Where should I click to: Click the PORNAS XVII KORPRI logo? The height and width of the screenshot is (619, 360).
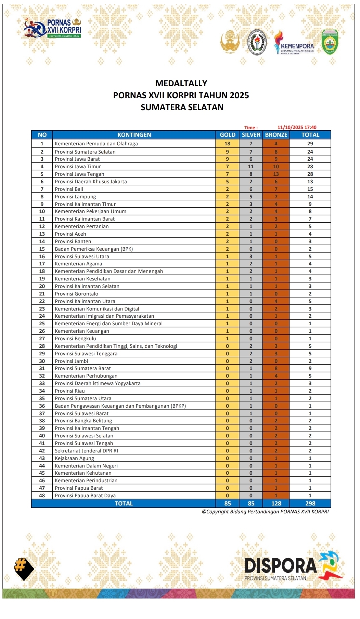[52, 28]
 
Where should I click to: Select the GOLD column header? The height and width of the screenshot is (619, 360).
[227, 135]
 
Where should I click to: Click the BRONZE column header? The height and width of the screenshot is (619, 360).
[276, 135]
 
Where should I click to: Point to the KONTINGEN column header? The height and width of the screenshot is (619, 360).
[134, 135]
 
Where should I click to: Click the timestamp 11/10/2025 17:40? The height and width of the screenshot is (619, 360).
[297, 128]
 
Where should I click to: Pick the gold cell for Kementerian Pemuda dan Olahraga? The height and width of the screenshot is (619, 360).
[227, 144]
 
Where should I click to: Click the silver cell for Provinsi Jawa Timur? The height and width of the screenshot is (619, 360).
[251, 167]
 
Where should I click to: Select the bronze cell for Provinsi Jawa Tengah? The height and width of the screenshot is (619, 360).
[276, 174]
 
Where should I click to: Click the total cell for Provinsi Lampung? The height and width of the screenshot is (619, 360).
[310, 197]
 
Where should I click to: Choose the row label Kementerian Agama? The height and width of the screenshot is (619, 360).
[78, 264]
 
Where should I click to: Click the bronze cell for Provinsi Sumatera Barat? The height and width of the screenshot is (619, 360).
[276, 368]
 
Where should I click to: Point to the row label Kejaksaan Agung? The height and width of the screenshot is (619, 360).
[74, 458]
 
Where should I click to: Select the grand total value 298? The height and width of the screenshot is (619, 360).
[310, 503]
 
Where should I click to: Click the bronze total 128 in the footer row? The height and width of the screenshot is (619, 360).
[276, 503]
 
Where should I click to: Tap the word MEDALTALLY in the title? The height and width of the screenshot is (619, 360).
[181, 83]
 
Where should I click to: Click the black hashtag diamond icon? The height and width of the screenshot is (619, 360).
[24, 568]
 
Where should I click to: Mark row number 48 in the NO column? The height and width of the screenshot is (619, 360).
[42, 496]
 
